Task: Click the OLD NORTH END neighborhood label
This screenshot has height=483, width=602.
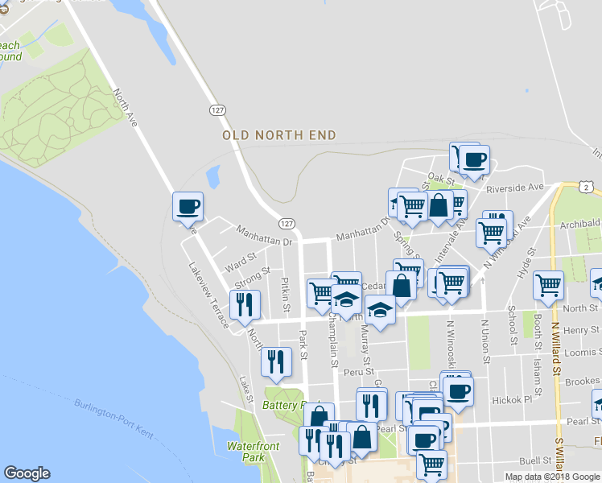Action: click(279, 135)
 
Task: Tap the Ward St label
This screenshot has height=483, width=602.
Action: click(241, 262)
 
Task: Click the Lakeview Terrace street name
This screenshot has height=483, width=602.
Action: click(209, 293)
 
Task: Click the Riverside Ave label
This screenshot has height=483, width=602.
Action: click(515, 188)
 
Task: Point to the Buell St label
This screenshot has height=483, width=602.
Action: click(535, 461)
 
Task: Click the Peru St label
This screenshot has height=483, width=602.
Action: click(358, 371)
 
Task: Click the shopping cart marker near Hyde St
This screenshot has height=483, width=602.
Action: click(548, 284)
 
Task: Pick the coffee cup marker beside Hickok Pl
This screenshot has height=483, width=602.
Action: click(459, 391)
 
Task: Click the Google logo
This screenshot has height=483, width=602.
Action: click(27, 474)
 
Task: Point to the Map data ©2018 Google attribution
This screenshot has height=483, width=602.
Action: click(552, 477)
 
